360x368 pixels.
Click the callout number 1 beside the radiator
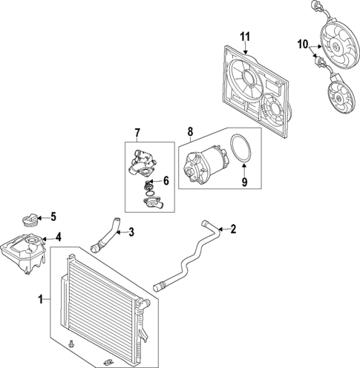tap(41, 300)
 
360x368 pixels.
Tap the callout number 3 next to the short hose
tap(131, 233)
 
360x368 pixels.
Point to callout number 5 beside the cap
tap(53, 217)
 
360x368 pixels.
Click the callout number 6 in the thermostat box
tap(166, 180)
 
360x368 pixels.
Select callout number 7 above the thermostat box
tap(137, 133)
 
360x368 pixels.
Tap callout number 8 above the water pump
tap(190, 133)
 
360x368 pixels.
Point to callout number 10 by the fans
tap(303, 45)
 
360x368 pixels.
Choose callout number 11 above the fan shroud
tap(246, 35)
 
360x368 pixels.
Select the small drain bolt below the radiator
tap(70, 345)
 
